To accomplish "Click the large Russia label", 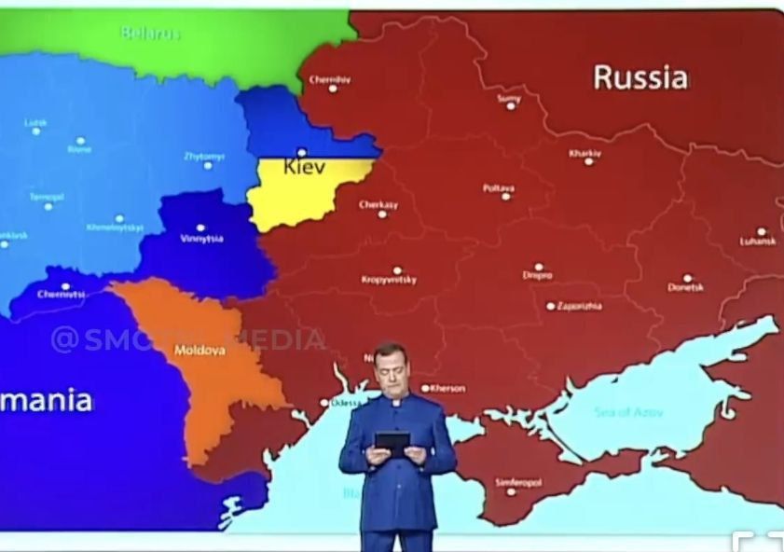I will point(640,77).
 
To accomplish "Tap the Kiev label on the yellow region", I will point(304,167).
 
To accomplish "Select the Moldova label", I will point(199,351).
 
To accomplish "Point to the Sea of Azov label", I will point(629,411).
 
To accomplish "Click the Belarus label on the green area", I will point(150,34).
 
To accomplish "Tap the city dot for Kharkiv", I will point(588,161).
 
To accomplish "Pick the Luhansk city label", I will point(758,241).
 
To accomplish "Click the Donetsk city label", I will point(686,288).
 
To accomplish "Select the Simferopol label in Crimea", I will point(518,482).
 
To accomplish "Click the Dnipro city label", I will point(537,276).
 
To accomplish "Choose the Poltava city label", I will point(499,187).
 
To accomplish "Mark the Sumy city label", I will point(509,97).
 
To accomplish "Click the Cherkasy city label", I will point(378,204).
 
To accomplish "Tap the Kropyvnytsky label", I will point(389,280).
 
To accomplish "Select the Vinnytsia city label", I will point(200,239).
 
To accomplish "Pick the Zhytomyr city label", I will point(204,156).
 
